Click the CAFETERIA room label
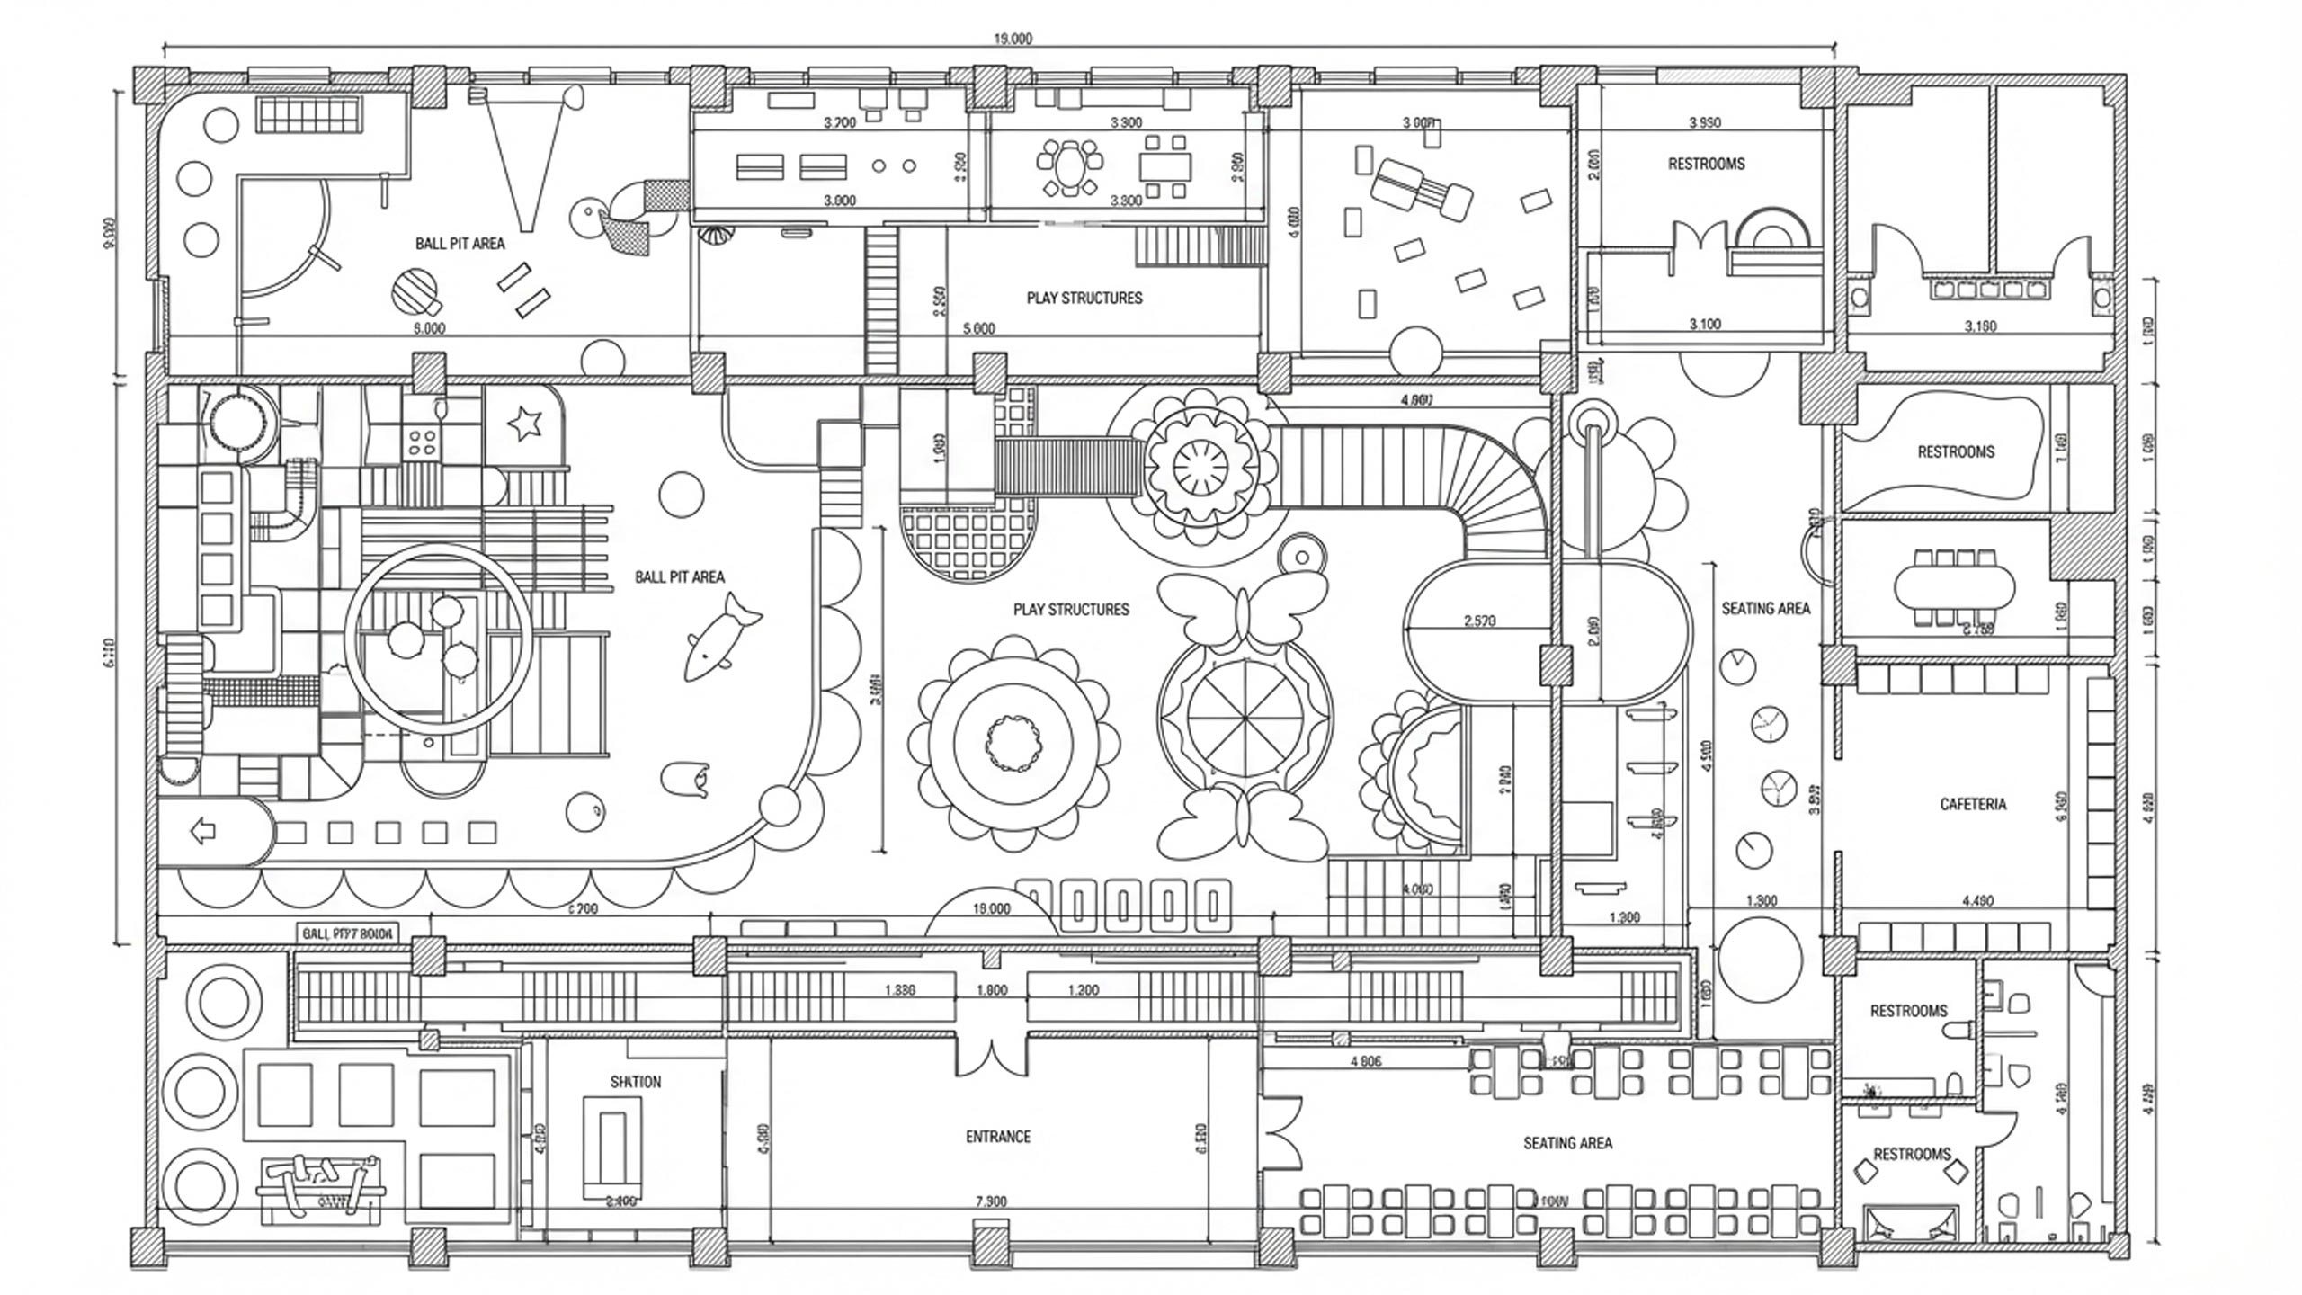click(1973, 804)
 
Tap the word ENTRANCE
click(998, 1137)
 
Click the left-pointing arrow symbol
click(204, 832)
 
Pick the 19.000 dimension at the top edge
click(1013, 39)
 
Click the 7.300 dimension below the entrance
click(991, 1201)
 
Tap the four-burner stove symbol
click(423, 441)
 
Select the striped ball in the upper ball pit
click(415, 291)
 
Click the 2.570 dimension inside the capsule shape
click(1480, 621)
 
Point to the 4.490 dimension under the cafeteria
click(1977, 900)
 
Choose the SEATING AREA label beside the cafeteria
click(1765, 609)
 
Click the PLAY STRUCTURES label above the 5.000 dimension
click(1084, 298)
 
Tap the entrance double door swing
click(991, 1057)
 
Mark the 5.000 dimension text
click(979, 329)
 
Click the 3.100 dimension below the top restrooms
click(1705, 325)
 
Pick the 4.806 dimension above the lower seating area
click(1366, 1062)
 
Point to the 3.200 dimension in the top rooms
click(840, 123)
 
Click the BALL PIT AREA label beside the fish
click(680, 577)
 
